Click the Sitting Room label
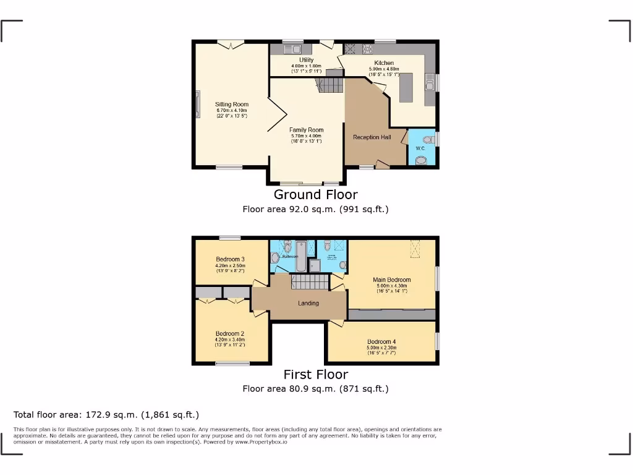[232, 105]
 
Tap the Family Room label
[306, 130]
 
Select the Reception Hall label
[372, 137]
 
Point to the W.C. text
[420, 148]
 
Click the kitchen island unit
[406, 87]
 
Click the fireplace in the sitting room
[198, 103]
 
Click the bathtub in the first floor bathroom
[301, 255]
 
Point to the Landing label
[308, 303]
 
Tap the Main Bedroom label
[391, 280]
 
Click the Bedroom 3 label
[230, 259]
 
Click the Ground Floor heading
[315, 195]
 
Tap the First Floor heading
[315, 374]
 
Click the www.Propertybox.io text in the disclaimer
[260, 443]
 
